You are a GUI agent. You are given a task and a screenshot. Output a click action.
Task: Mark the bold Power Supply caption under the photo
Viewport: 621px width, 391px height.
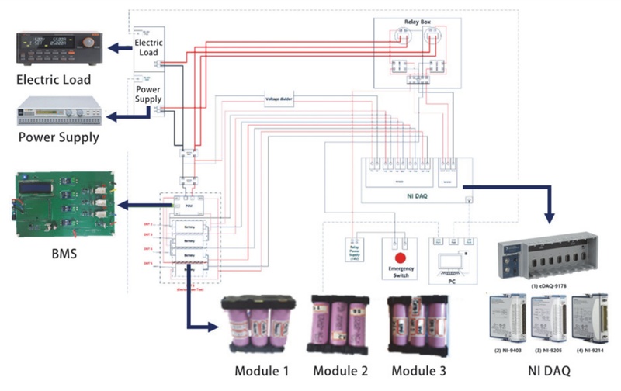click(59, 138)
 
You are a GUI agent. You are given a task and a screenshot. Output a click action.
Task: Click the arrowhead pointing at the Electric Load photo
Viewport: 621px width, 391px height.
click(111, 48)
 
